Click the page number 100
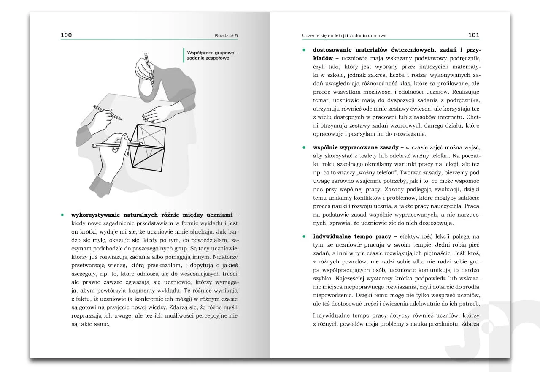coord(66,35)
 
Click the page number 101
coord(474,35)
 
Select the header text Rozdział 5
coord(226,35)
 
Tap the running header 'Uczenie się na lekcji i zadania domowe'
coord(344,35)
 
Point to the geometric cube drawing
coord(146,147)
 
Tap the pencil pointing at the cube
coord(116,145)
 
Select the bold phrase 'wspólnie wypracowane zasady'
coord(356,147)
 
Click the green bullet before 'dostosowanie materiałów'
coord(303,49)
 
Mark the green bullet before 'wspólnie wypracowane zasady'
coord(303,147)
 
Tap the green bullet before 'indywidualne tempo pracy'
coord(303,236)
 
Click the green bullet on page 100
coord(62,215)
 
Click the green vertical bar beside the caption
coord(184,55)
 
